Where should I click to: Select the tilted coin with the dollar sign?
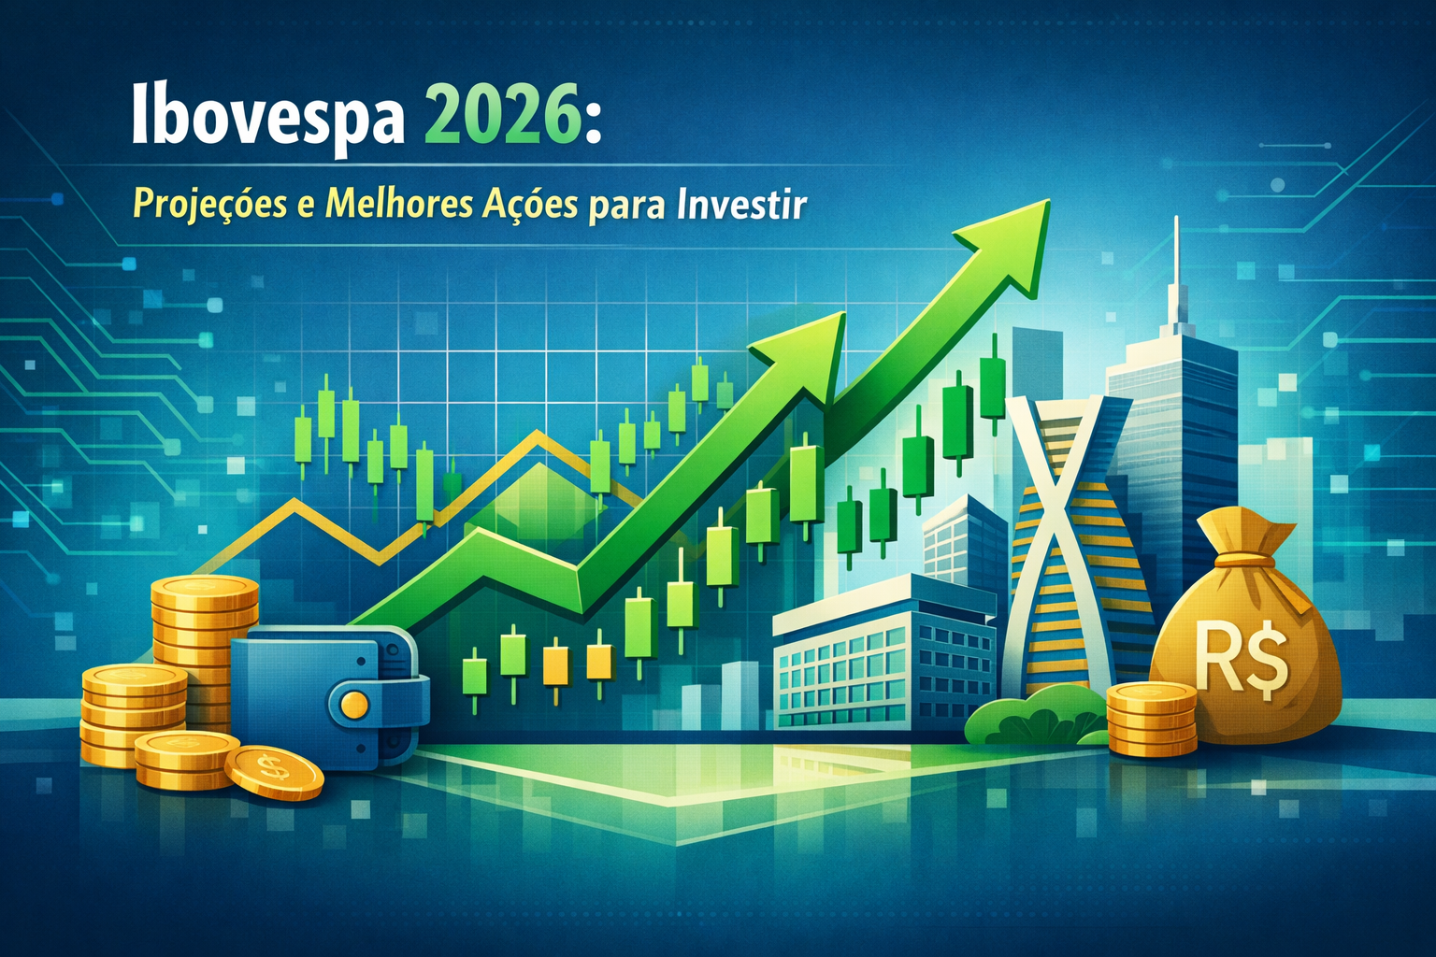[274, 772]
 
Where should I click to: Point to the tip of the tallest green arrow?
[1050, 200]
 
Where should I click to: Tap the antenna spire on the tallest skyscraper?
[1176, 269]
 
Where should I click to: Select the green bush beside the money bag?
[1035, 715]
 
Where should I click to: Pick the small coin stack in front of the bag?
[1152, 718]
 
